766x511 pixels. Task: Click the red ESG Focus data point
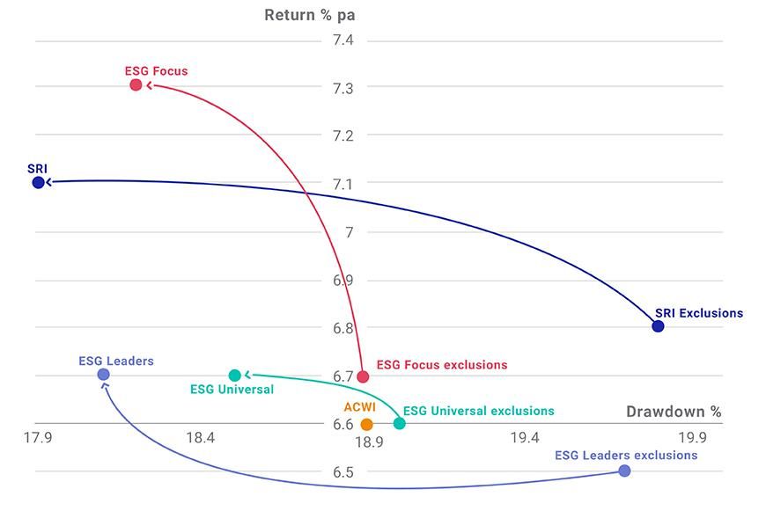[136, 84]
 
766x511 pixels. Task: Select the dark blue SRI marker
[38, 182]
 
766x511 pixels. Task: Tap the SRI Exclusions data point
[658, 326]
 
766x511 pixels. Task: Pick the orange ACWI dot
[367, 424]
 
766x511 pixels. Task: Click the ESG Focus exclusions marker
[363, 376]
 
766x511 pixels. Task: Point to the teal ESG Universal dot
[234, 376]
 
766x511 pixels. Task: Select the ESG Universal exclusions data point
[399, 423]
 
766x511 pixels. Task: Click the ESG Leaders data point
[103, 375]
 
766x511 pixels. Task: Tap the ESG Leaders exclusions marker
[624, 471]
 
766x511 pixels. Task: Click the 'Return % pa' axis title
[315, 15]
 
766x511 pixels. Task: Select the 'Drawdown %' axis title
[674, 411]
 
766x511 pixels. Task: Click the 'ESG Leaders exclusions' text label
[626, 455]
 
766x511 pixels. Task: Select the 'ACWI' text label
[359, 408]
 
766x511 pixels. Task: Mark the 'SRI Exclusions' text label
[698, 313]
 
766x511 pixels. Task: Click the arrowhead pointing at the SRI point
[48, 182]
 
